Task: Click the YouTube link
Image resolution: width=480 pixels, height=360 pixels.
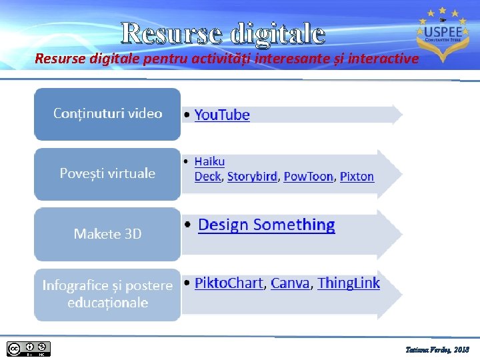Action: (222, 115)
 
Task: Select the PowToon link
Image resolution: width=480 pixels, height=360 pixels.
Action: (308, 177)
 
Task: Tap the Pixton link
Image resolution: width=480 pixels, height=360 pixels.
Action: (357, 177)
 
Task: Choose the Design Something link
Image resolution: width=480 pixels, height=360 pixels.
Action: (267, 225)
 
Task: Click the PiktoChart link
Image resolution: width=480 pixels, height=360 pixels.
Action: (229, 283)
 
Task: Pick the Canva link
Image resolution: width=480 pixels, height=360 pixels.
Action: (290, 283)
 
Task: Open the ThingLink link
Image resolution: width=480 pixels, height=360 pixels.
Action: (349, 283)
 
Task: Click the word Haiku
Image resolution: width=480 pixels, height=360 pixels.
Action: (209, 161)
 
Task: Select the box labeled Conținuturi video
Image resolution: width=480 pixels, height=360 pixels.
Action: (107, 113)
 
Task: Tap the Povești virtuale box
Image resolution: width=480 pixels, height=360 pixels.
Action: (107, 173)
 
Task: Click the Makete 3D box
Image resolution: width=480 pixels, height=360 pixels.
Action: (107, 234)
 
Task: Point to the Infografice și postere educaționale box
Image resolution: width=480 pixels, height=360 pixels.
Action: (107, 294)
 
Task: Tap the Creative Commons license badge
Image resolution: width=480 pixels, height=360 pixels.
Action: (28, 349)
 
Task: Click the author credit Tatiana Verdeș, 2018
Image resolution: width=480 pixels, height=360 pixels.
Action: (437, 349)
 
